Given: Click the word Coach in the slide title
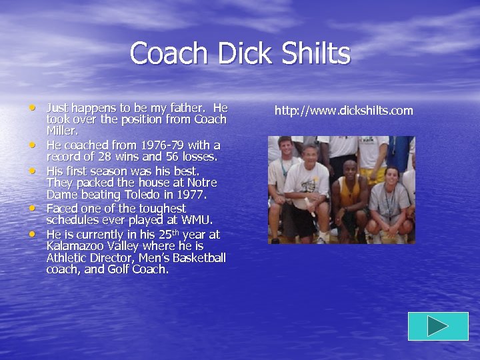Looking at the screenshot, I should click(x=167, y=53).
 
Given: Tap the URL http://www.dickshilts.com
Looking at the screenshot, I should click(x=343, y=111).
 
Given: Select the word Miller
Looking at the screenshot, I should click(x=62, y=131).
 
